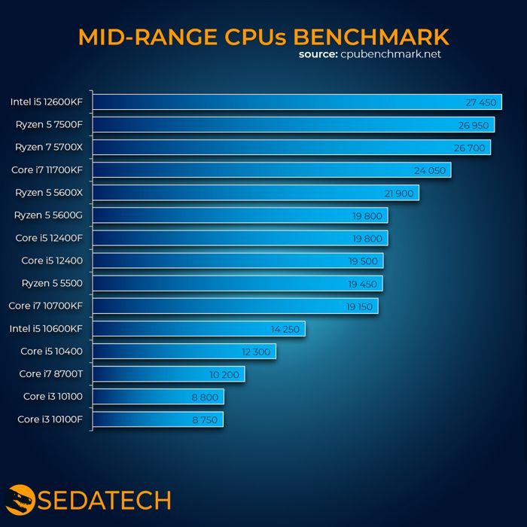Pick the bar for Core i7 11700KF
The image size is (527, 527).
[x=272, y=170]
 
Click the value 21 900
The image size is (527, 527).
[x=399, y=193]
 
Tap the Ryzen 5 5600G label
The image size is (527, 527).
[x=48, y=216]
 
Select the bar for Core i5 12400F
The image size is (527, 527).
[x=241, y=239]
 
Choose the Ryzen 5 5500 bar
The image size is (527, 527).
[x=238, y=284]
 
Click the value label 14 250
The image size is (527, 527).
[x=285, y=329]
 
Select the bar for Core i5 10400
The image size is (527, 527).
[x=184, y=352]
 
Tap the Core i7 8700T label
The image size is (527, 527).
[x=50, y=374]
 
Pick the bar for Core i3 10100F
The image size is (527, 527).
[x=158, y=419]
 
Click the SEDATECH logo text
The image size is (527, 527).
[x=106, y=500]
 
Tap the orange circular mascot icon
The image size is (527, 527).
[x=20, y=500]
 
